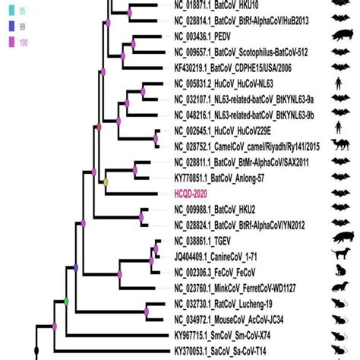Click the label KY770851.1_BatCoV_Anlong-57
[x=223, y=178]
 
